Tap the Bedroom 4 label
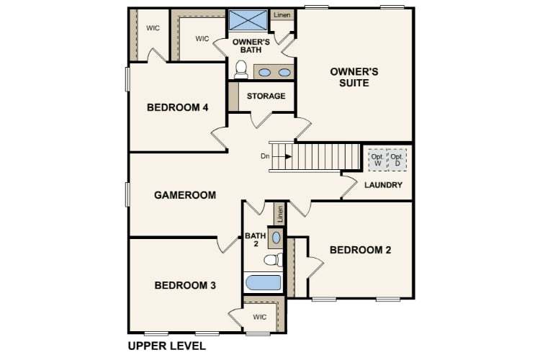pos(177,108)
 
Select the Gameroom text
pos(185,195)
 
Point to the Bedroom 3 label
pos(185,285)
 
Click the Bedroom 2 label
pos(360,250)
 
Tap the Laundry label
pos(383,186)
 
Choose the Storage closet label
pos(266,96)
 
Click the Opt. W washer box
pos(377,160)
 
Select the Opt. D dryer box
pos(396,160)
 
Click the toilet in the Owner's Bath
pos(241,69)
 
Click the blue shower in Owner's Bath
pos(248,20)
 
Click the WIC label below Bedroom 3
pos(259,316)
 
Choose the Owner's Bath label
pos(251,46)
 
